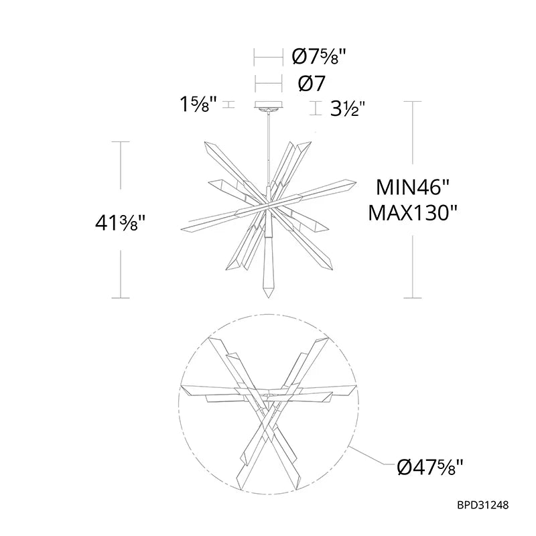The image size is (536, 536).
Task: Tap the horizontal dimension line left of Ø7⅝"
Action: (269, 58)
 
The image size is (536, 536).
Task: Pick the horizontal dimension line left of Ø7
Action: (269, 84)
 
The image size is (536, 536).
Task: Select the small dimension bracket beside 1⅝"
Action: (228, 105)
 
